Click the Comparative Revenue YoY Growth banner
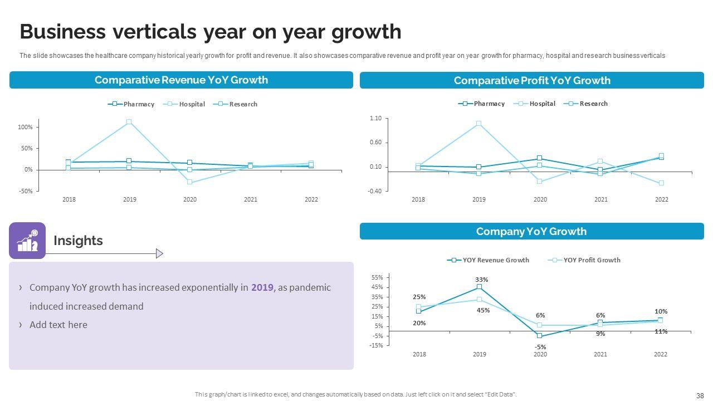click(181, 80)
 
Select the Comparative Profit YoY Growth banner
click(532, 81)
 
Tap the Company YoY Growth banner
click(531, 232)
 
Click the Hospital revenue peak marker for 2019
click(129, 122)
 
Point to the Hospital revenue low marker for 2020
click(190, 182)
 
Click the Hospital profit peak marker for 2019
click(478, 124)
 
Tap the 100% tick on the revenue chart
click(25, 127)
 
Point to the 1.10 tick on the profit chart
click(375, 119)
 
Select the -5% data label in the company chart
click(540, 347)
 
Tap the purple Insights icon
click(27, 241)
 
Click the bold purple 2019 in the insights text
click(262, 287)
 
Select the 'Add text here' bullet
click(58, 325)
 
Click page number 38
click(700, 395)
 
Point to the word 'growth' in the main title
click(366, 32)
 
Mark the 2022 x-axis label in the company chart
click(660, 354)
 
